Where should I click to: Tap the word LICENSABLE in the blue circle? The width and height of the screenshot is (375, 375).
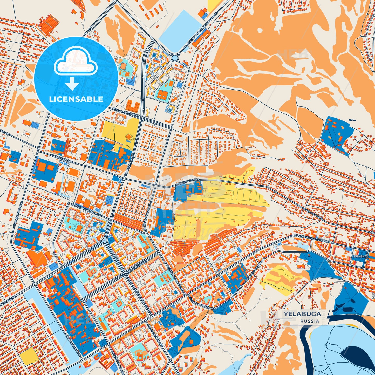coord(76,99)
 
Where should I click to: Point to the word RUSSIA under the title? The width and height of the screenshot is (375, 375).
coord(310,321)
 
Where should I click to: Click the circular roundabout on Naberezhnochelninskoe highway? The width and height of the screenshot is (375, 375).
coord(175,57)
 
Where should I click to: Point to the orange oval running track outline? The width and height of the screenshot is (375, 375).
coord(71,172)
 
